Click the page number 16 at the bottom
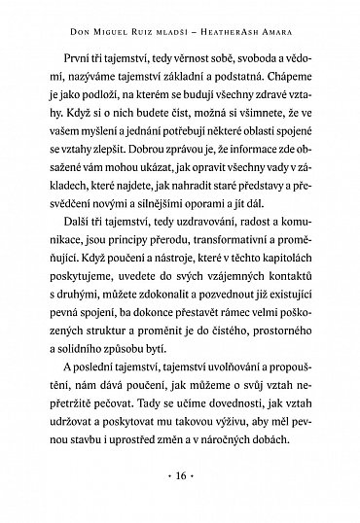click(x=180, y=480)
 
